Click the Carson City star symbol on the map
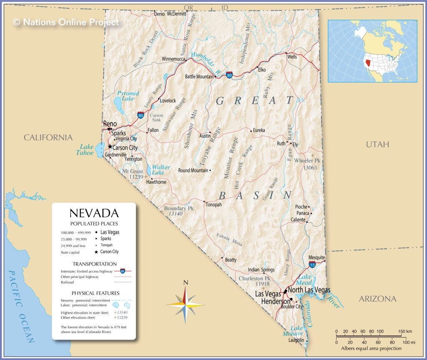click(110, 147)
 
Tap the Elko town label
click(262, 70)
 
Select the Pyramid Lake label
click(128, 96)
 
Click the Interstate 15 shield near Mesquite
click(312, 265)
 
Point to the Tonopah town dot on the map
click(204, 202)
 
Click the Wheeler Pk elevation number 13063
click(310, 167)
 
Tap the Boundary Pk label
click(179, 208)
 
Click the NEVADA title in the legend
click(94, 213)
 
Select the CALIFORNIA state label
click(48, 137)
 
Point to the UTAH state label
click(377, 144)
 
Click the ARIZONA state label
click(377, 299)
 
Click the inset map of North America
click(372, 51)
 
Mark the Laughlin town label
click(296, 340)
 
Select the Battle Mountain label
click(199, 77)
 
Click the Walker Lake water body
click(149, 171)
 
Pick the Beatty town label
click(231, 260)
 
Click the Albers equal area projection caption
click(371, 348)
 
